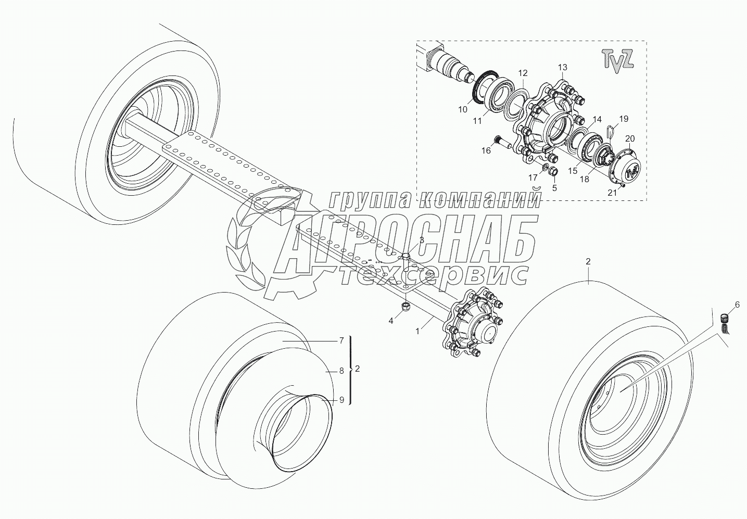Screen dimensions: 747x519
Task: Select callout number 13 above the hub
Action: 562,67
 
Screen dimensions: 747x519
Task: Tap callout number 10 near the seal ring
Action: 463,110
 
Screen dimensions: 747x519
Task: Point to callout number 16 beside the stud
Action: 486,150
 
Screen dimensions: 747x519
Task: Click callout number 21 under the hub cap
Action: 613,192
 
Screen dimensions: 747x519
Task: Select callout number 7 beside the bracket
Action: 341,340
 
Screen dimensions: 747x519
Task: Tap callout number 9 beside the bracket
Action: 341,400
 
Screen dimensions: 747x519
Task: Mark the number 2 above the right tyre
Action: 588,262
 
